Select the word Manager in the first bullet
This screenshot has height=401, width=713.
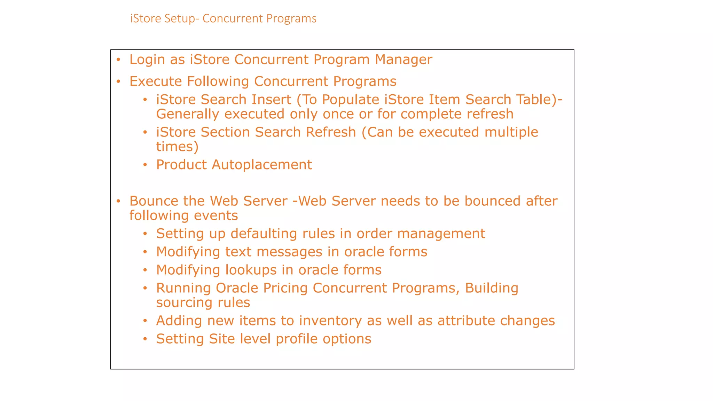pos(403,60)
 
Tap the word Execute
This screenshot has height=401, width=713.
pos(155,81)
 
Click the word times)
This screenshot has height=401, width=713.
pos(177,147)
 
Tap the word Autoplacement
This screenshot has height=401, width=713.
pos(261,165)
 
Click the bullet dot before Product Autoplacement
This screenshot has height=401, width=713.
pos(145,165)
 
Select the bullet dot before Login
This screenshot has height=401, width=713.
pos(118,60)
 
